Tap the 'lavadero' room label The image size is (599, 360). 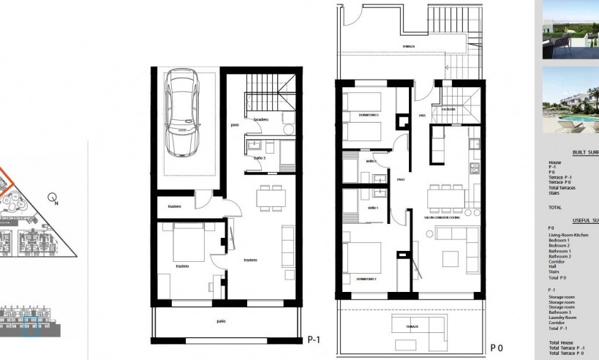tap(263, 119)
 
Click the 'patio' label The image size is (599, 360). tap(220, 320)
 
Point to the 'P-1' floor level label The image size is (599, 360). tap(315, 340)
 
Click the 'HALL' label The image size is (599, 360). tap(422, 115)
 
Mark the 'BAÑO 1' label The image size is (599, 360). tap(372, 209)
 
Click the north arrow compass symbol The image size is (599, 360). tap(52, 197)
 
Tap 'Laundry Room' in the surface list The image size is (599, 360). tap(564, 318)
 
